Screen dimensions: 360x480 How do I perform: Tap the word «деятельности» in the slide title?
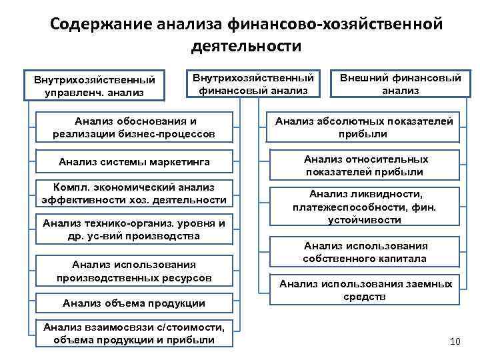(x=246, y=47)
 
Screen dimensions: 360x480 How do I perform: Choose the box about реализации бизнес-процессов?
(x=134, y=127)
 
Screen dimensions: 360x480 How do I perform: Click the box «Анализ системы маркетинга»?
(x=134, y=162)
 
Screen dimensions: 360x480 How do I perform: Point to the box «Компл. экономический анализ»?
(x=134, y=193)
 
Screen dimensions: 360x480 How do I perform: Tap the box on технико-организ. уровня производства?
(x=134, y=229)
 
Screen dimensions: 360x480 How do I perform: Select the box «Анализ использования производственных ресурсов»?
(x=134, y=270)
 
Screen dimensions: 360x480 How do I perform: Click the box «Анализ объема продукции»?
(x=134, y=303)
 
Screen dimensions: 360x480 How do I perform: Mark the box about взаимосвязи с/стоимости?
(x=134, y=333)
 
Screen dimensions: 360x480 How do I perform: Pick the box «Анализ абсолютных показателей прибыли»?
(x=364, y=127)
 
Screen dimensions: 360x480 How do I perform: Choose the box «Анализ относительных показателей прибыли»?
(x=364, y=166)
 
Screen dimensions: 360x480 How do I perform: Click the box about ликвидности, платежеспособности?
(x=364, y=207)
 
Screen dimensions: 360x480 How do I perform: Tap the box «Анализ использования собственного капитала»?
(x=364, y=252)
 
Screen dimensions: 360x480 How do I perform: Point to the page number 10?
(x=455, y=342)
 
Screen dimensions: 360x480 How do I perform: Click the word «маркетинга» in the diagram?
(x=181, y=162)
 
